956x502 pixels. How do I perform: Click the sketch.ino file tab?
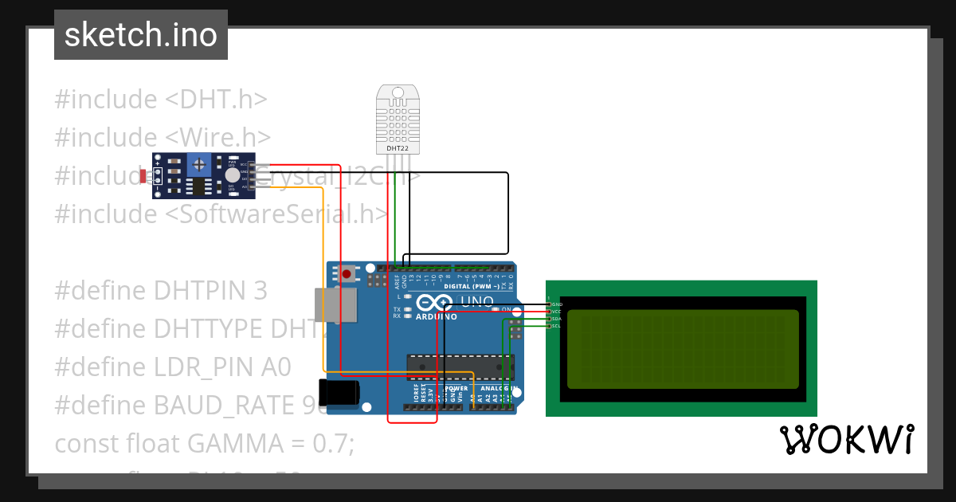tap(141, 35)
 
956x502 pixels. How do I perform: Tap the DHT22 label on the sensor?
tap(398, 148)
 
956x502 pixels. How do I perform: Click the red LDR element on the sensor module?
tap(143, 175)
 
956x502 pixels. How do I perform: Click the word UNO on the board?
tap(478, 301)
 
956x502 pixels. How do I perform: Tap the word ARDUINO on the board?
tap(435, 316)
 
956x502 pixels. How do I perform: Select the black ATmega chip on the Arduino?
tap(458, 366)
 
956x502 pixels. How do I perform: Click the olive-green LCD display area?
tap(682, 349)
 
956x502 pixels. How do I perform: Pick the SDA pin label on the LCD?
tap(557, 319)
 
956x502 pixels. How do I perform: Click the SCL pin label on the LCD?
tap(557, 326)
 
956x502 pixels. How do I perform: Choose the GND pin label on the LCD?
tap(557, 304)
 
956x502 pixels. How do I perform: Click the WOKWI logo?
tap(846, 439)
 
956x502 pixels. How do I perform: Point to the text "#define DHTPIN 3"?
tap(160, 291)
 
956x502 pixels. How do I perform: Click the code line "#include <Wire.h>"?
tap(163, 137)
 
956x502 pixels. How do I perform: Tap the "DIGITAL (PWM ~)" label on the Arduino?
tap(471, 286)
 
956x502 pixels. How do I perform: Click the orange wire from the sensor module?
tap(323, 279)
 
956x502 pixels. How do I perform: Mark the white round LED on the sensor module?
tap(232, 175)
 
